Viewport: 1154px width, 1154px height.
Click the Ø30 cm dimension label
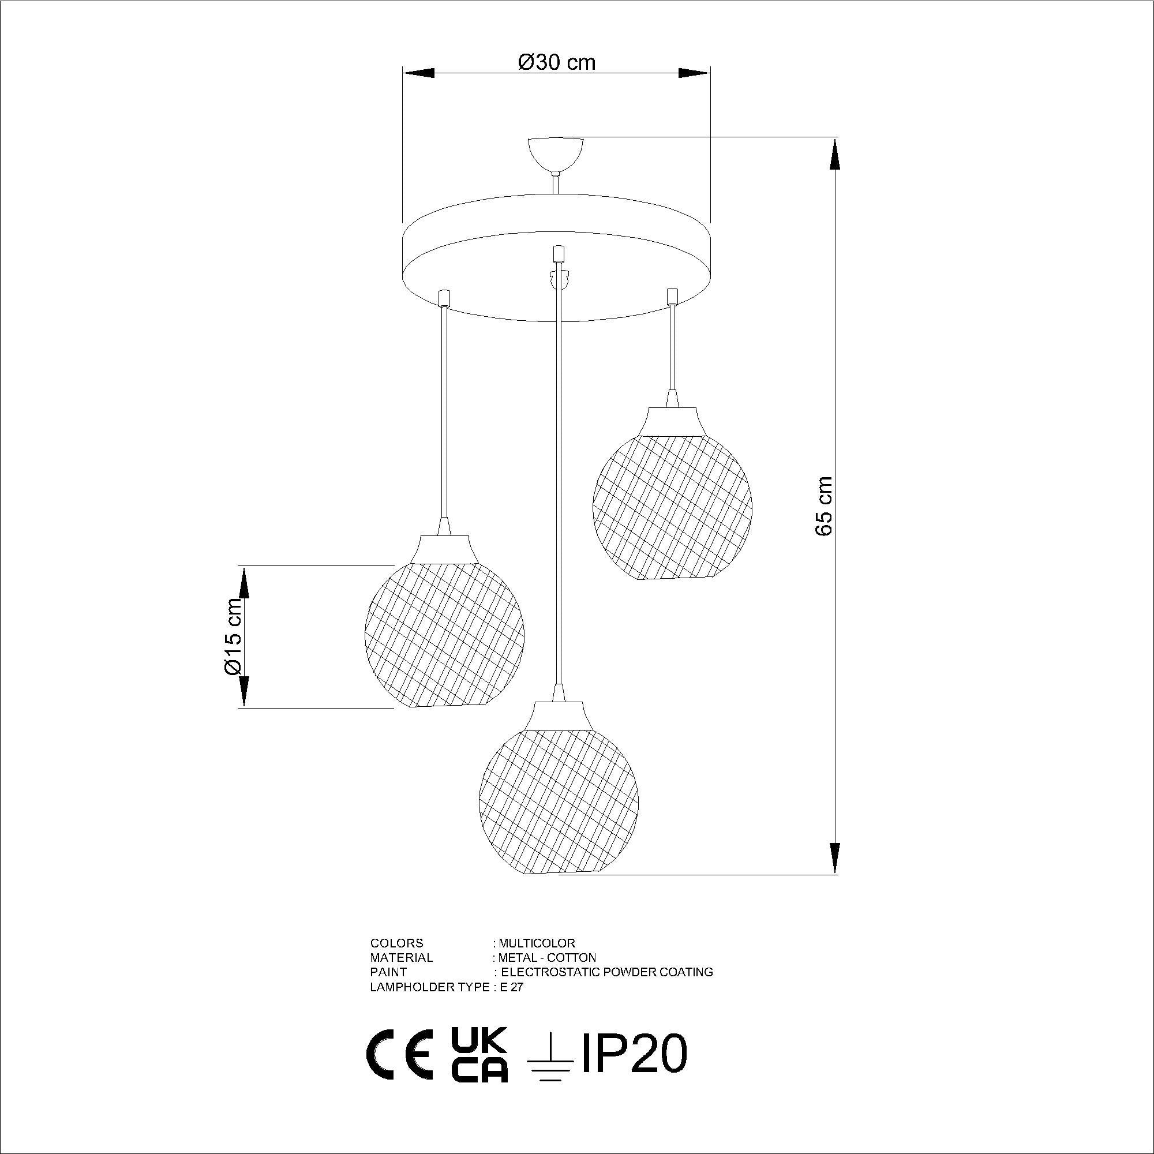(557, 62)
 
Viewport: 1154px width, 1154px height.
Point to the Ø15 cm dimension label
(233, 638)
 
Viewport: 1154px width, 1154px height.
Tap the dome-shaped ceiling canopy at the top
(556, 154)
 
